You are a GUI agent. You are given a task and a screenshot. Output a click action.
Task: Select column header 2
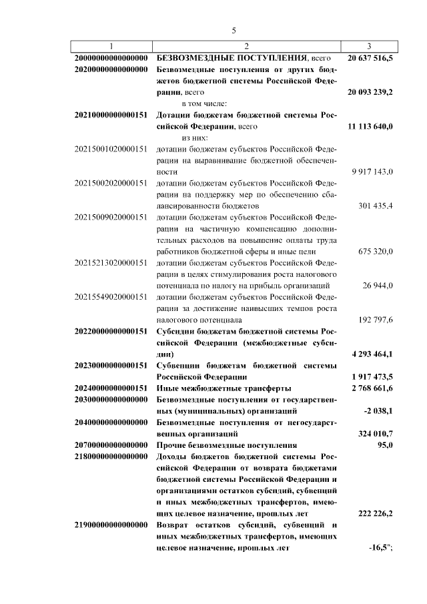coord(246,45)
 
